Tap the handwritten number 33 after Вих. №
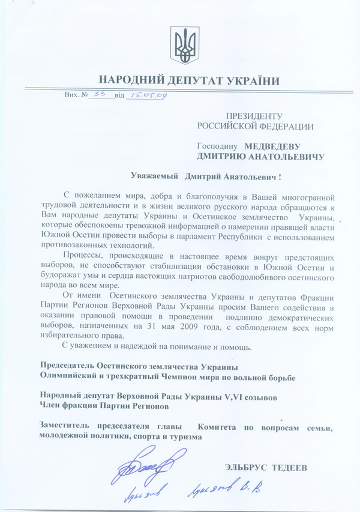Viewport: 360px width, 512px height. point(99,94)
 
